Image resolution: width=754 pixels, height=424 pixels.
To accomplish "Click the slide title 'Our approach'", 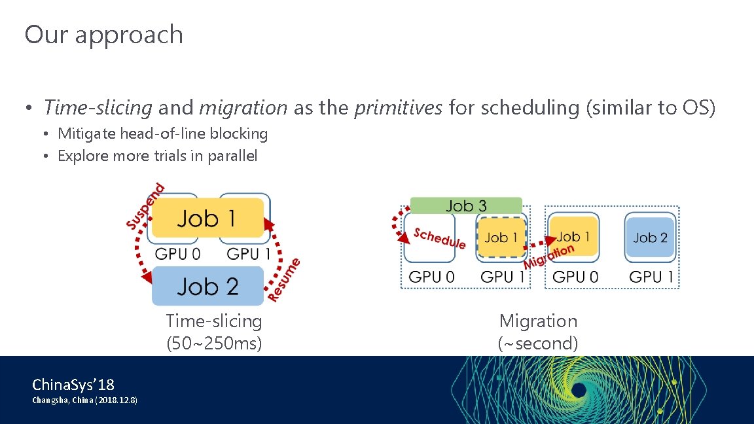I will coord(103,35).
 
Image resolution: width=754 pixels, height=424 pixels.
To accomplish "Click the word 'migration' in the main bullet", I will coord(243,107).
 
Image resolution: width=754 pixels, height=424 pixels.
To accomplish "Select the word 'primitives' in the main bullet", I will coord(398,107).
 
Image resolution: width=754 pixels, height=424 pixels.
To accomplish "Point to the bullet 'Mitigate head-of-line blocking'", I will coord(162,134).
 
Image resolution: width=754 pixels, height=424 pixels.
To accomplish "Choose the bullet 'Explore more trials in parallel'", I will coord(157,156).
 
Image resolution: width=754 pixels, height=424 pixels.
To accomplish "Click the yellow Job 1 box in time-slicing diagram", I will coord(207,218).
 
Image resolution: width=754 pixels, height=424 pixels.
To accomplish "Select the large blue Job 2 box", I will coord(207,286).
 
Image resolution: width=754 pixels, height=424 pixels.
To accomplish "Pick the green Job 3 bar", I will coord(465,205).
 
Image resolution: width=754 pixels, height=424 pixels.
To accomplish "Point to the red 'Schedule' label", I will coord(439,239).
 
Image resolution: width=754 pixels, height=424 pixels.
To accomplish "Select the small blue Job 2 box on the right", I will coord(650,238).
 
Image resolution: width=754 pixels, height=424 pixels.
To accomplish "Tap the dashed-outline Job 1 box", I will coord(501,238).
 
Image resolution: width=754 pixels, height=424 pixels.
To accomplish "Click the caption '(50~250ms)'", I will coord(214,343).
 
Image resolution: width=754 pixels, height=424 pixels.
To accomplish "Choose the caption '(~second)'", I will coord(538,343).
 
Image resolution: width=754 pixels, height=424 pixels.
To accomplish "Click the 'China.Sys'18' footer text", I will coord(73,384).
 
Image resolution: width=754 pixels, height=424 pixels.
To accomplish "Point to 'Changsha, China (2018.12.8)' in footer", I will coord(85,400).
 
